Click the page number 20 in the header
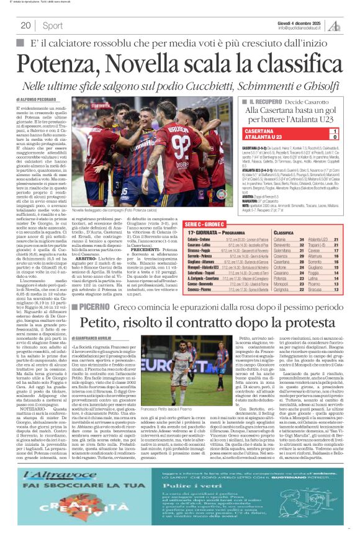click(25, 25)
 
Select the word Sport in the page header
click(52, 25)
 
